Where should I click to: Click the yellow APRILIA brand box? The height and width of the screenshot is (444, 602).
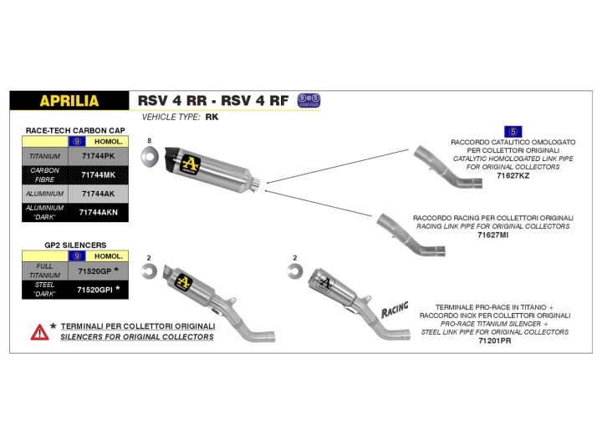coord(69,101)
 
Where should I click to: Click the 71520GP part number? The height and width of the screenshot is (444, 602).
coord(94,272)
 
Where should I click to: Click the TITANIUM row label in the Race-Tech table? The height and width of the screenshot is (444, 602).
coord(44,155)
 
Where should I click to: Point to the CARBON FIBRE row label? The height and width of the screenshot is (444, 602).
coord(44,174)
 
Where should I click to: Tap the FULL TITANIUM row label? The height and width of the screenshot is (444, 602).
coord(44,272)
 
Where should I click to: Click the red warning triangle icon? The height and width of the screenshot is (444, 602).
coord(38,331)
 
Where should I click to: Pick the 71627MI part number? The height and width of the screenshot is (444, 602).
coord(493,235)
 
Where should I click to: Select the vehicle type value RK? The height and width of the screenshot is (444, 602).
coord(212,118)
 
